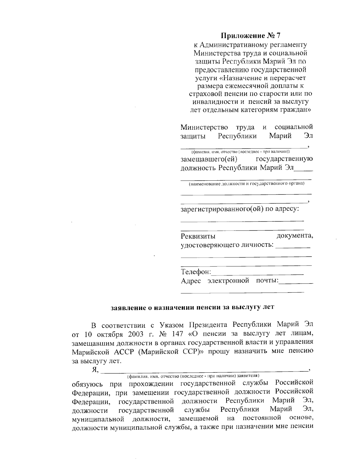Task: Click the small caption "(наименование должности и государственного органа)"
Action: (246, 183)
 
